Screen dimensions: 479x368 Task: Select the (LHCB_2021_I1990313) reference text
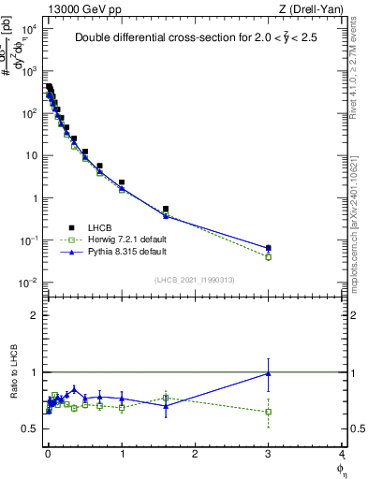[195, 281]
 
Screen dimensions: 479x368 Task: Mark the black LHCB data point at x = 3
[269, 248]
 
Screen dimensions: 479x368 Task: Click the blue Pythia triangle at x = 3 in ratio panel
[269, 373]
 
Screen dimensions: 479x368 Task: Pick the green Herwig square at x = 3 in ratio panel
[269, 412]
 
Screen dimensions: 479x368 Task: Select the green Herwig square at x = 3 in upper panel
[269, 256]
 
